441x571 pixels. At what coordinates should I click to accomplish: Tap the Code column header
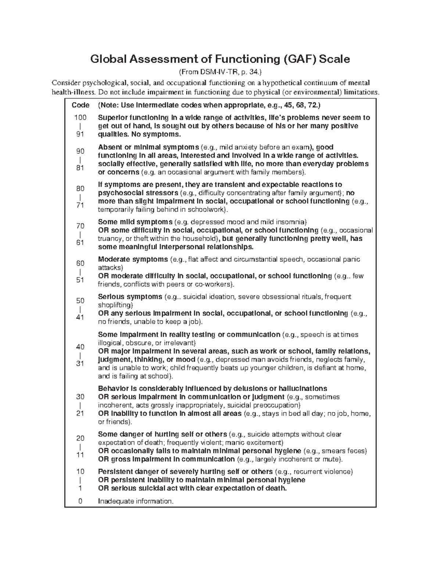(80, 105)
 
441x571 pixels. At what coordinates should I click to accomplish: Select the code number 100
(80, 118)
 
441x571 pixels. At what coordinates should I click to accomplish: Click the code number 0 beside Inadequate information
(80, 501)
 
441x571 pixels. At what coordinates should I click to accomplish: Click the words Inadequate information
(135, 501)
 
